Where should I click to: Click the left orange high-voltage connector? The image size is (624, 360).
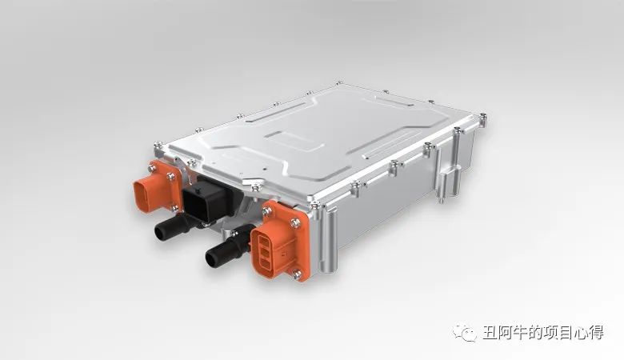[157, 188]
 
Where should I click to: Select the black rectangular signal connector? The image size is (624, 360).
[207, 202]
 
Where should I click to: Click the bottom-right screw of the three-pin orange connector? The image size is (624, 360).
[297, 274]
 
